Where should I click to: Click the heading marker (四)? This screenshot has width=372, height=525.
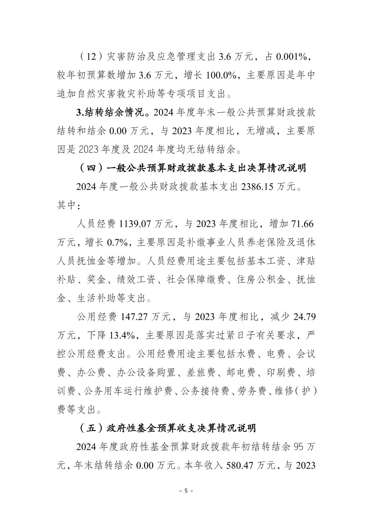tap(91, 168)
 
